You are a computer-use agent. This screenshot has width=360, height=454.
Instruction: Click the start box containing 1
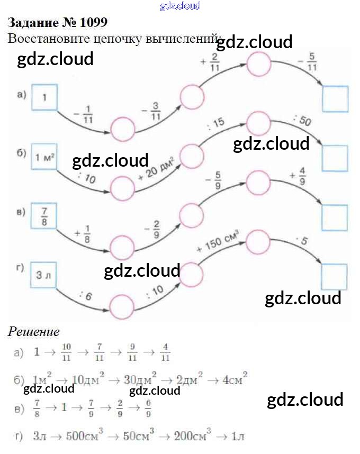[x=44, y=97]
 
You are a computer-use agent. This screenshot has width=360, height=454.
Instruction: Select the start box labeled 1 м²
[x=44, y=157]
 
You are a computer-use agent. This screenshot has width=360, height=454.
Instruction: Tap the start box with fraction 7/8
[x=44, y=216]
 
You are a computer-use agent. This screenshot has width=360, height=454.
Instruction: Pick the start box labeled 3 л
[x=44, y=275]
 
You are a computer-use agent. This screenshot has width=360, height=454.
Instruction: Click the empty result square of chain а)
[x=335, y=99]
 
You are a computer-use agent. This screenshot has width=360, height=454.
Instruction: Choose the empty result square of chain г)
[x=335, y=276]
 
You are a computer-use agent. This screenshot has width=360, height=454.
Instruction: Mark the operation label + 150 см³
[x=218, y=241]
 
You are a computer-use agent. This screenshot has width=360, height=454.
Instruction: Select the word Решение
[x=33, y=332]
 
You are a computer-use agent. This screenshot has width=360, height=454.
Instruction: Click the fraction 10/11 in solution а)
[x=66, y=351]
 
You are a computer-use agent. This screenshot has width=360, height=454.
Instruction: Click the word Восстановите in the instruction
[x=43, y=38]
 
